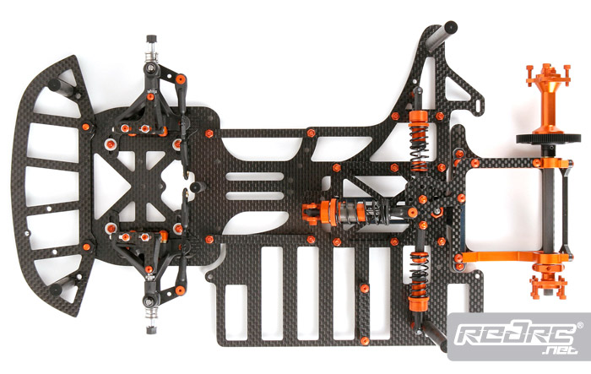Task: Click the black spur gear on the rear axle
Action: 549,138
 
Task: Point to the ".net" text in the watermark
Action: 559,350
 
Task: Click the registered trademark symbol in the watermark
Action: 580,325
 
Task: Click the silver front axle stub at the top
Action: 151,51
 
